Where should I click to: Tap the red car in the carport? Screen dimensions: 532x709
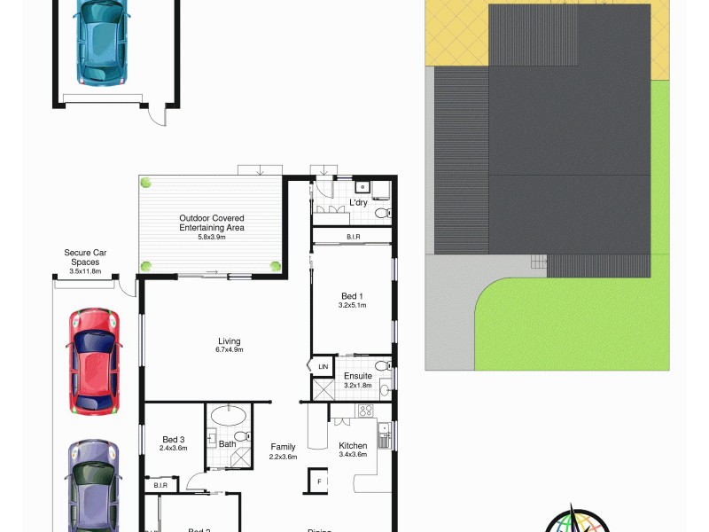click(92, 361)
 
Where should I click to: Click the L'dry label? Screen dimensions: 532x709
click(358, 203)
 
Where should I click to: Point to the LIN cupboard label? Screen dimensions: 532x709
click(323, 366)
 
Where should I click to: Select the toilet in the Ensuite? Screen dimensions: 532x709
click(382, 364)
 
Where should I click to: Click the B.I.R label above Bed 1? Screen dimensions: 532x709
click(352, 237)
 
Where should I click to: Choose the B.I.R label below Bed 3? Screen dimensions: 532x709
click(161, 485)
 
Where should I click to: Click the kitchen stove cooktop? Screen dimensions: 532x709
click(363, 410)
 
